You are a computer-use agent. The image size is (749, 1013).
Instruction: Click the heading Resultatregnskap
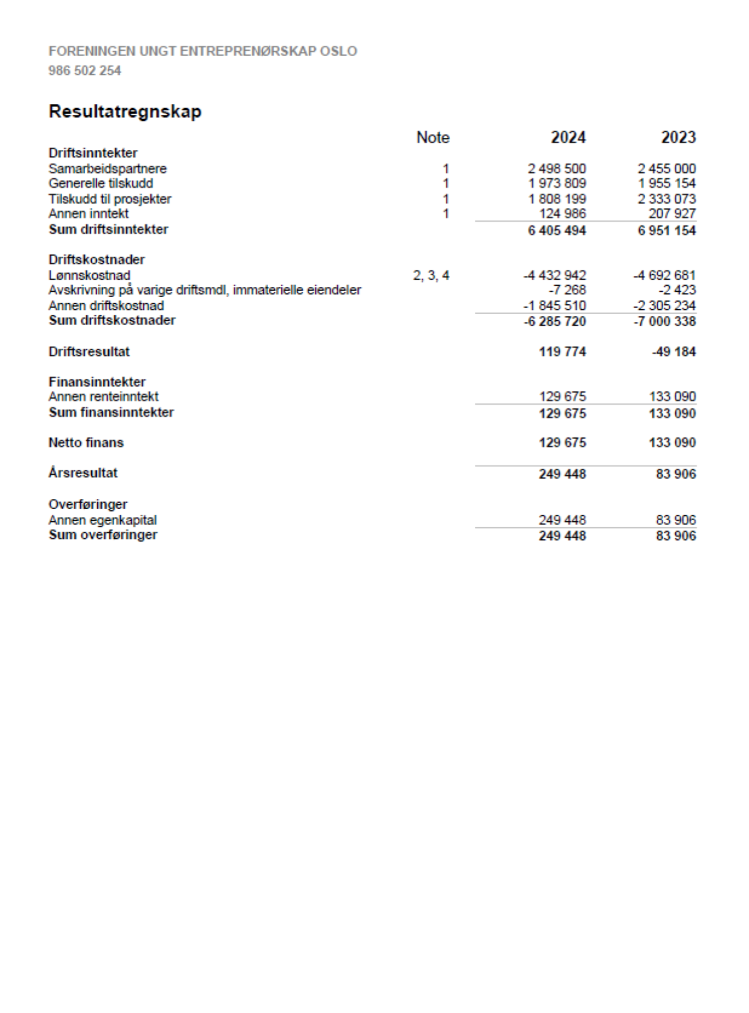coord(125,112)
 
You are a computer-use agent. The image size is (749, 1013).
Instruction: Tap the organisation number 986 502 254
coord(85,71)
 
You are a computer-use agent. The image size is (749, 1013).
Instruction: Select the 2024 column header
coord(568,138)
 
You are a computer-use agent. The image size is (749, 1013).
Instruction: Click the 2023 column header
coord(678,138)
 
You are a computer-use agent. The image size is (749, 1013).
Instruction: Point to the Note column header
coord(432,138)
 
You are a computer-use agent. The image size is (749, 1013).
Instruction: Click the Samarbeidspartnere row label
coord(108,169)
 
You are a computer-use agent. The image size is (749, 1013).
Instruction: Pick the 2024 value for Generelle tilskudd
coord(556,184)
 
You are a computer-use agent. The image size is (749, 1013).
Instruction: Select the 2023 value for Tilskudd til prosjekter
coord(666,199)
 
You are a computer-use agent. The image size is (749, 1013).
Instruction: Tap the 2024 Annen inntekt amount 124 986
coord(562,214)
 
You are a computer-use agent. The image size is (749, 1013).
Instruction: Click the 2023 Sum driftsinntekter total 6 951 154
coord(666,231)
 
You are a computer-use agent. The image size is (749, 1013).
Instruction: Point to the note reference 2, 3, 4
coord(431,275)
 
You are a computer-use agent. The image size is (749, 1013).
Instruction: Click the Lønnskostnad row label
coord(89,275)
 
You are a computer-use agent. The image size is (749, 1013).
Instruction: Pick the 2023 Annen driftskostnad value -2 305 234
coord(664,306)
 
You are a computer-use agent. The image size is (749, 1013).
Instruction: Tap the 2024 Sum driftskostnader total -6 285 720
coord(555,321)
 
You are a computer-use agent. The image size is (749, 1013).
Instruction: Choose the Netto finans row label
coord(86,443)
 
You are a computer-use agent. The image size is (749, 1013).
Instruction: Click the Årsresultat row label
coord(83,473)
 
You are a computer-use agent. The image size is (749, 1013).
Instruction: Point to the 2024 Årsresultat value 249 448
coord(562,474)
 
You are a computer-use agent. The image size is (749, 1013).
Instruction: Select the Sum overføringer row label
coord(103,535)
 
